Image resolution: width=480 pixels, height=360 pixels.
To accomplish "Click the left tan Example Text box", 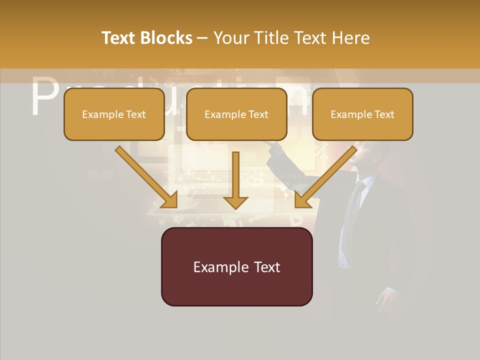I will tap(114, 114).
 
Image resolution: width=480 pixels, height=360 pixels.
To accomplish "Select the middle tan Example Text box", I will tap(236, 114).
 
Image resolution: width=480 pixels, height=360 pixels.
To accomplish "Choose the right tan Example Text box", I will tap(362, 114).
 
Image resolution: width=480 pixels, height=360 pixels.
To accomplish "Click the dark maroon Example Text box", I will tap(236, 266).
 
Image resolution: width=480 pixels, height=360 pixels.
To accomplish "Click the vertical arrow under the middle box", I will tap(235, 180).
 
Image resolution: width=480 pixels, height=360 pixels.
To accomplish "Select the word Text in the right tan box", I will tap(384, 114).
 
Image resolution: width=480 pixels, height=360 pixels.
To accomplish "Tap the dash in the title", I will tap(202, 38).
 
